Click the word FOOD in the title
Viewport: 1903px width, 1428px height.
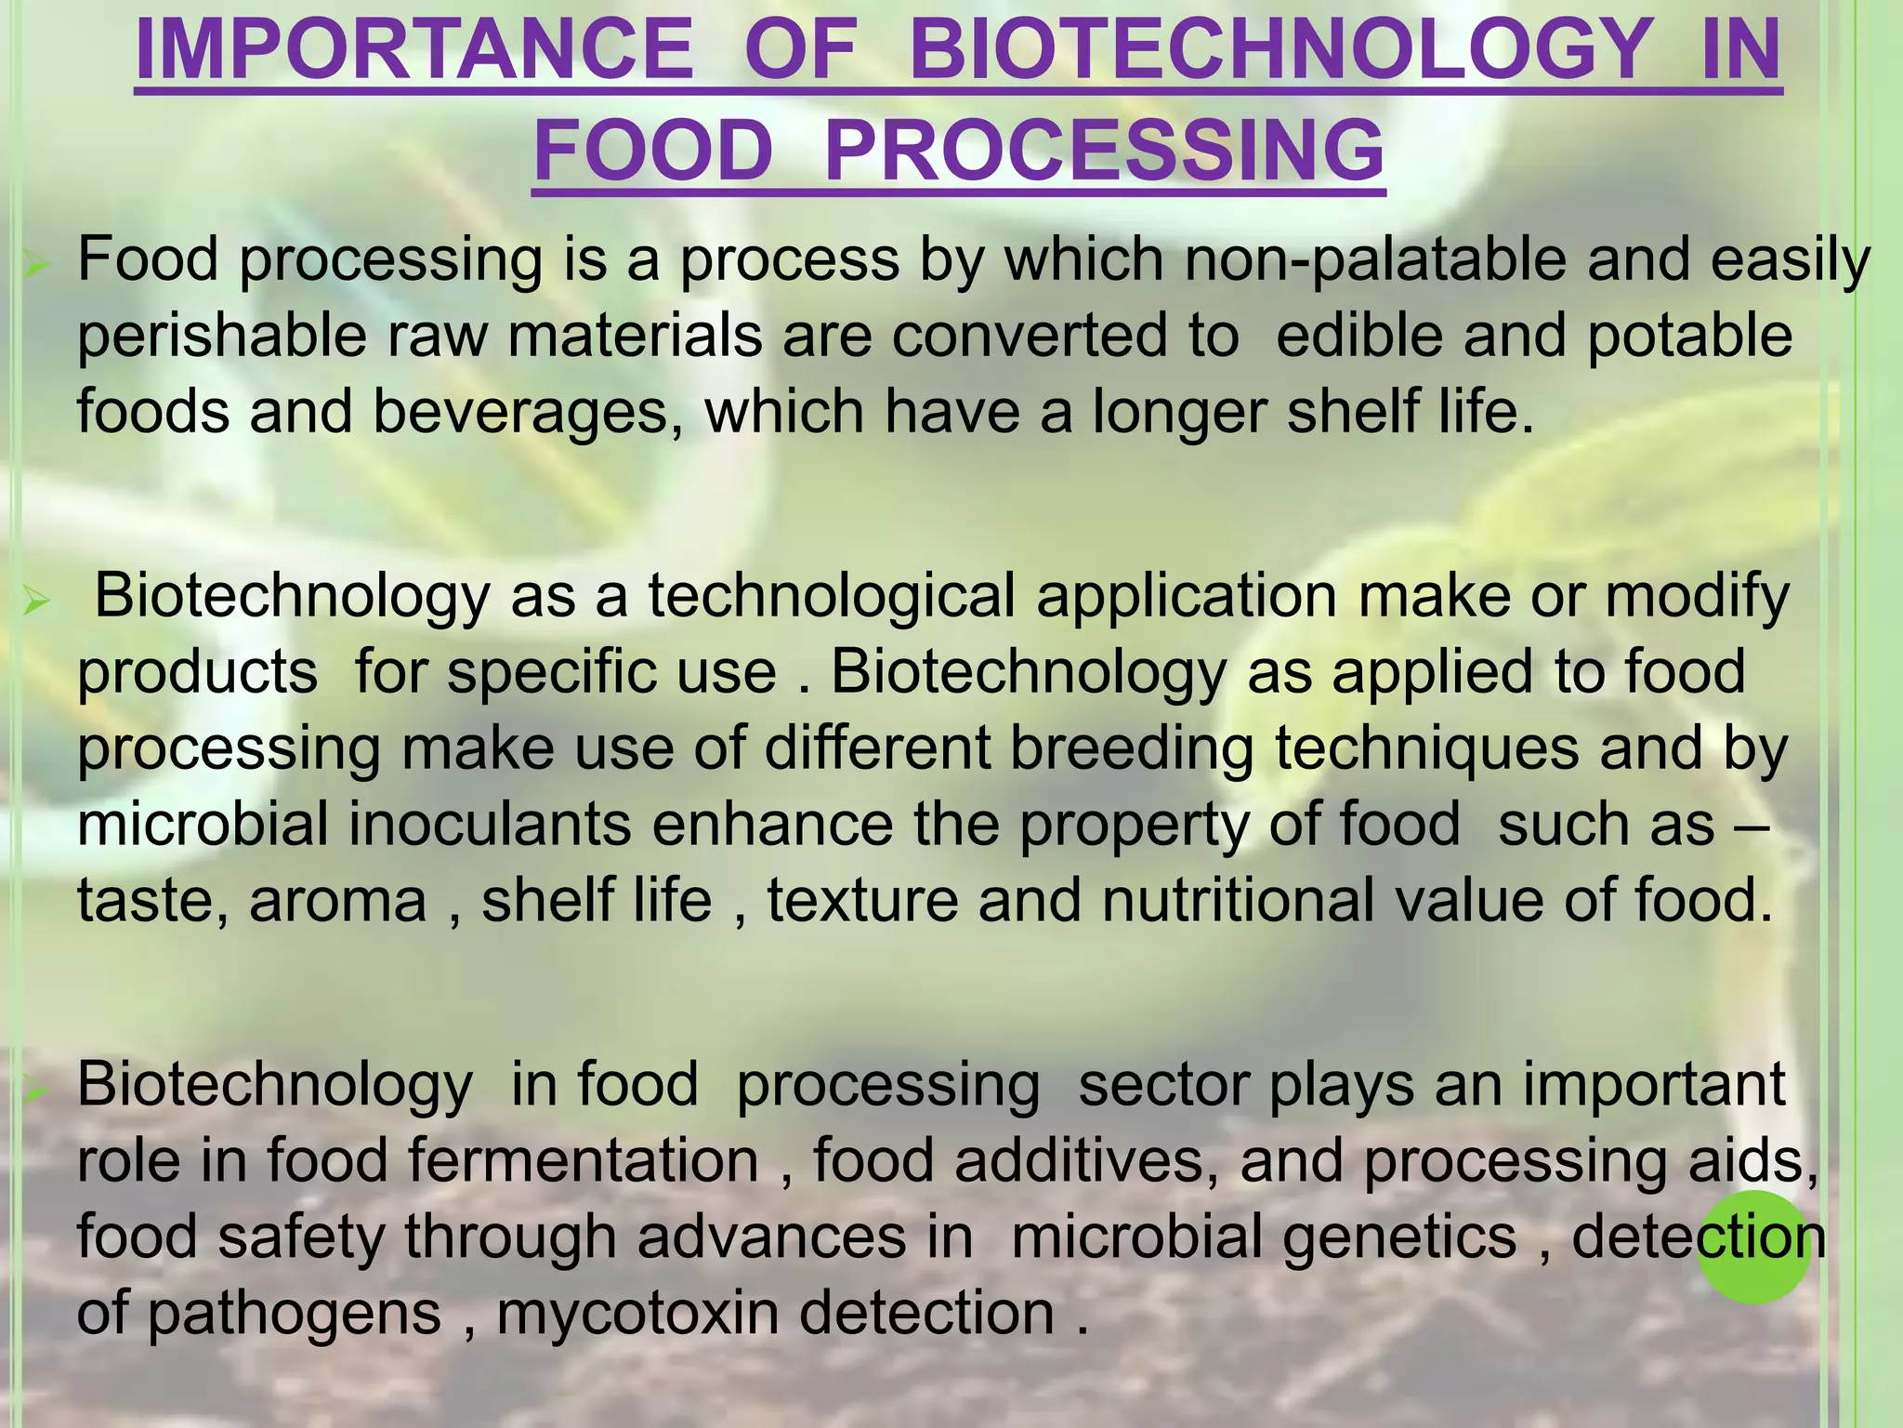(x=653, y=151)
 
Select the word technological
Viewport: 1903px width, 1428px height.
(x=831, y=596)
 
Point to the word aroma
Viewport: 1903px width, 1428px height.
(x=337, y=901)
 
